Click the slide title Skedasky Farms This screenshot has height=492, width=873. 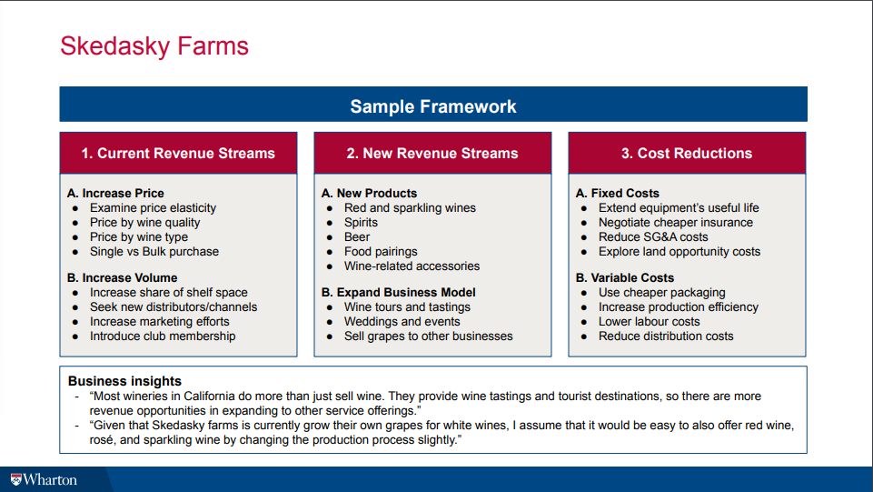154,46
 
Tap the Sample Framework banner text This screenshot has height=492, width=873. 433,106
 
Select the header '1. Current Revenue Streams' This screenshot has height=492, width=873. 178,153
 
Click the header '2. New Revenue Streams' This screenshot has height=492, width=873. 432,153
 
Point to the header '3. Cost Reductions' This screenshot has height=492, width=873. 687,153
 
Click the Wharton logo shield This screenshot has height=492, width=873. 15,480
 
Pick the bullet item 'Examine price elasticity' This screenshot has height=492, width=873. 154,208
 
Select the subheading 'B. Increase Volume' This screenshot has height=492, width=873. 123,277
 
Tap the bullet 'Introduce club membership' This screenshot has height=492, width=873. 163,336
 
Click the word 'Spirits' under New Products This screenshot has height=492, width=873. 361,222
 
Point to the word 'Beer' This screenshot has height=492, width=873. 357,236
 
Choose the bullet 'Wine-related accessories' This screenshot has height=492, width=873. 412,266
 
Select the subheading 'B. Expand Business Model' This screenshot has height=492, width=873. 399,292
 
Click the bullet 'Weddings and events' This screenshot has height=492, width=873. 402,322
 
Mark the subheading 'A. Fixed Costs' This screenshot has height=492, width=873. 618,193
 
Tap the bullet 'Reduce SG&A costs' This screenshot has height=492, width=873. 653,236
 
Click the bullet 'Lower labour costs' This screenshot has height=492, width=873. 650,322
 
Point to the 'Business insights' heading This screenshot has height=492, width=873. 124,380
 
